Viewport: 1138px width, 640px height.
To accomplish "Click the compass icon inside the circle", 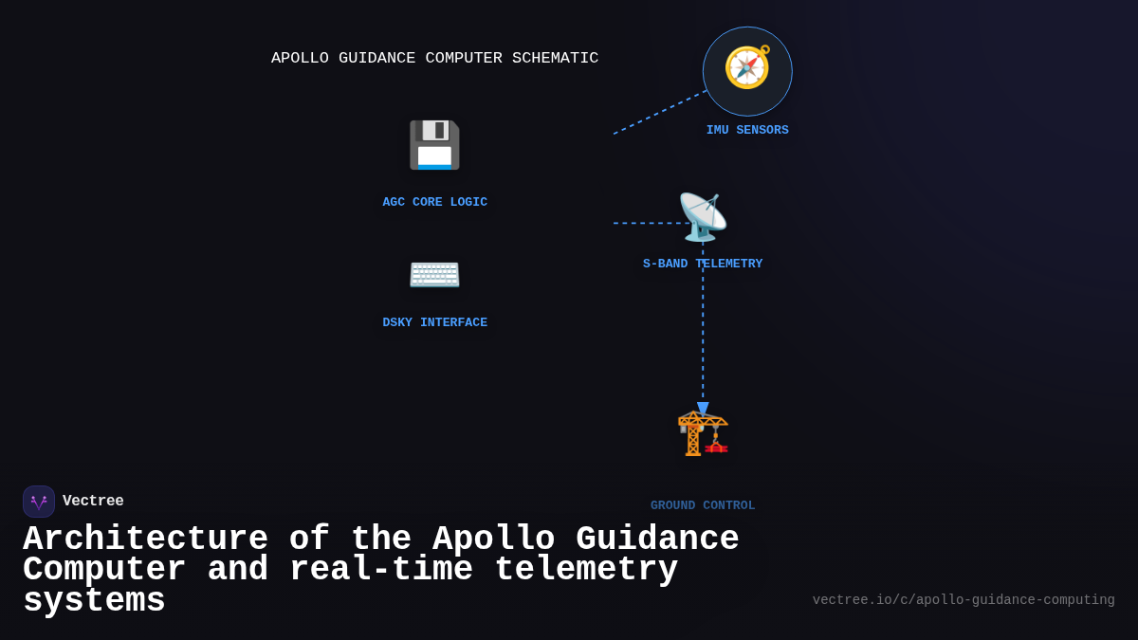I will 747,67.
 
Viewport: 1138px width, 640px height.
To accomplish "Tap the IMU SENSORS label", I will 747,130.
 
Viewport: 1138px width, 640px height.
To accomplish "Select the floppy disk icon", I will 434,145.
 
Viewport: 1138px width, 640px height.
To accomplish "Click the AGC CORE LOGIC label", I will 434,202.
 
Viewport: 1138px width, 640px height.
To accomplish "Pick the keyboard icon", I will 434,274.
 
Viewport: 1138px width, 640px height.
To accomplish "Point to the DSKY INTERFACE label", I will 434,322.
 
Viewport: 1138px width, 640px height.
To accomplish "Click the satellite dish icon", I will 703,217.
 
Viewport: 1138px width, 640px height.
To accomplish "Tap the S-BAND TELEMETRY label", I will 703,264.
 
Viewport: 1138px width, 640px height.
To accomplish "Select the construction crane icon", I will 703,432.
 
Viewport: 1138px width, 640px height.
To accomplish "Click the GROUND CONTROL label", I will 703,505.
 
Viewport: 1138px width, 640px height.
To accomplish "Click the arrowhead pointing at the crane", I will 703,409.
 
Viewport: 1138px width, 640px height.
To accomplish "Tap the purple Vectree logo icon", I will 39,502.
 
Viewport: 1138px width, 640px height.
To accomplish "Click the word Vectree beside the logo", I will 93,501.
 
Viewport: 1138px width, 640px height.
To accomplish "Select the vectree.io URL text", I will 964,600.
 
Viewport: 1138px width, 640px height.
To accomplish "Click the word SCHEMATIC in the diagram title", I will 555,58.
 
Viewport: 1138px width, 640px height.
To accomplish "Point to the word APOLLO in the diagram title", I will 300,58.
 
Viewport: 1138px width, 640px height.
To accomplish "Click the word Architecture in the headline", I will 145,539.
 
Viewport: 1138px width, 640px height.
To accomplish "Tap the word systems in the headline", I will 94,601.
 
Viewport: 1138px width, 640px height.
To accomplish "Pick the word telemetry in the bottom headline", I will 586,570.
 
